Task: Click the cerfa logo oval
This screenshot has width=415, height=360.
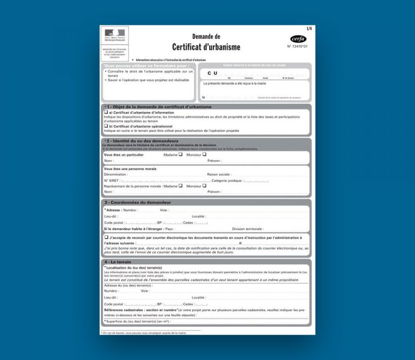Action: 298,39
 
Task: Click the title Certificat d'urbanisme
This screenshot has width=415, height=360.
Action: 206,47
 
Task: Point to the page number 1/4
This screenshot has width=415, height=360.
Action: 309,28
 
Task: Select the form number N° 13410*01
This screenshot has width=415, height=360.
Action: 297,47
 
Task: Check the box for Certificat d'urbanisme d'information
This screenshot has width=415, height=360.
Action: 106,112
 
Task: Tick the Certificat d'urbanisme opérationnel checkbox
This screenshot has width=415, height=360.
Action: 106,126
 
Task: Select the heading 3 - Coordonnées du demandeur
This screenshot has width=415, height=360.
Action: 137,202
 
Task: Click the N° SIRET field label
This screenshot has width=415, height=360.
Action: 112,181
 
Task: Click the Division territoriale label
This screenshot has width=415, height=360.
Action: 247,228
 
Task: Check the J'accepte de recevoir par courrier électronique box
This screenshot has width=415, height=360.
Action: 106,237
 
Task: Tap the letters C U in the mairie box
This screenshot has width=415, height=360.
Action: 212,73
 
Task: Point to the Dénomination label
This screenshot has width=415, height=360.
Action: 116,174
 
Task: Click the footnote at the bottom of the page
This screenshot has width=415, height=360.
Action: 144,333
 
